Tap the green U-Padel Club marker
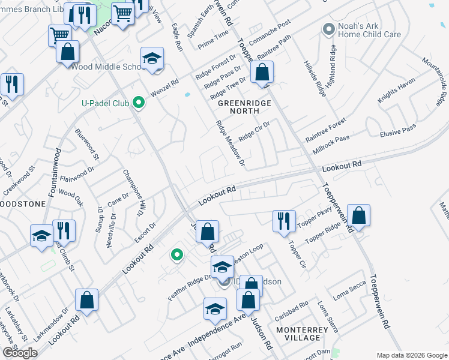[139, 103]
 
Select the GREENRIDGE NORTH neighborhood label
[244, 107]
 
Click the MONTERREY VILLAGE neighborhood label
[302, 334]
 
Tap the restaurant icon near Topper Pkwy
[283, 221]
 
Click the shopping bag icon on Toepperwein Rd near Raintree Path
[262, 74]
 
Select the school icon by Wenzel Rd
[152, 59]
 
